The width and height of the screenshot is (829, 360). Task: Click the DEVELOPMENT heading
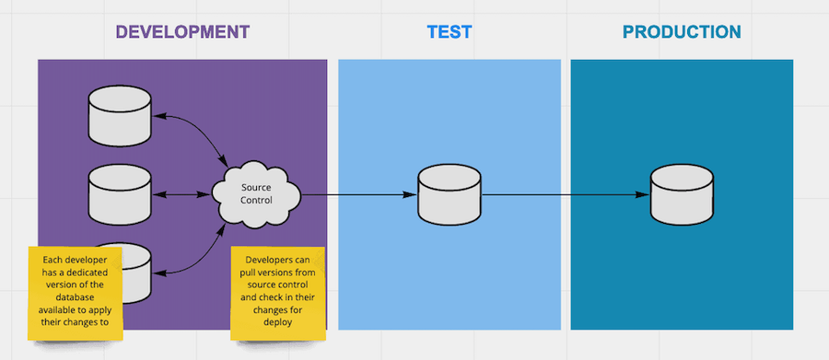point(182,31)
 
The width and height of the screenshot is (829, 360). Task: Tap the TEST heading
point(449,31)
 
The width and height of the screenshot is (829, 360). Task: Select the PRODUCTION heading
point(682,31)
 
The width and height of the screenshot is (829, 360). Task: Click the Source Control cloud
point(257,194)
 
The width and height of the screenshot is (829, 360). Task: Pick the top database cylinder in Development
point(119,114)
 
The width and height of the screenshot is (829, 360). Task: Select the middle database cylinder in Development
point(119,194)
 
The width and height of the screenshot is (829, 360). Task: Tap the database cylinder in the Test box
point(450,195)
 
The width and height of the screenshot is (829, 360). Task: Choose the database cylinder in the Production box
point(682,195)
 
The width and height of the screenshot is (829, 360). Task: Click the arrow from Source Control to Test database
point(359,194)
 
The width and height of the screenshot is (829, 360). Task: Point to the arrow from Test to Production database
point(562,194)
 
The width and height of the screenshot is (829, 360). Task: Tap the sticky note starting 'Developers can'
point(277,293)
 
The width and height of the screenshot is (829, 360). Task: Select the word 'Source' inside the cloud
point(257,188)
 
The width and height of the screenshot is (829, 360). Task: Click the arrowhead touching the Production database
point(644,194)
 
